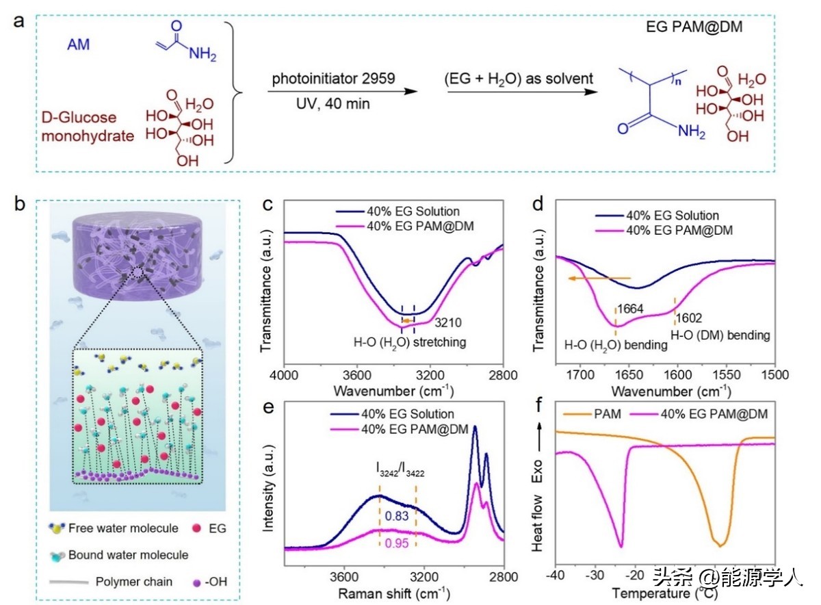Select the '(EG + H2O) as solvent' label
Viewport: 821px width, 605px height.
tap(517, 79)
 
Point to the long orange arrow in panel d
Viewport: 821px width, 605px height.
tap(599, 278)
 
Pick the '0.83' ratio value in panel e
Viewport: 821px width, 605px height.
tap(392, 515)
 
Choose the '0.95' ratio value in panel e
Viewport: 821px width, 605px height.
tap(392, 543)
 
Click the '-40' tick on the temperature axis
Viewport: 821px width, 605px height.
tap(556, 572)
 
